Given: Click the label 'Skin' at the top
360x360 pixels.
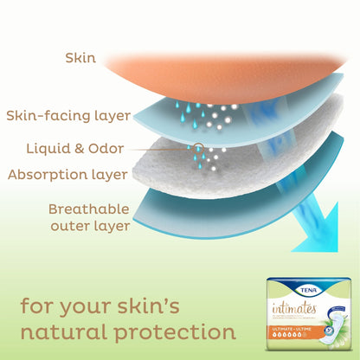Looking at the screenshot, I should pos(80,58).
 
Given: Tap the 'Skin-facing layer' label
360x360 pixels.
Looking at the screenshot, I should pos(68,115).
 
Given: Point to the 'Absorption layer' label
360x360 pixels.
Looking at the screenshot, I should pos(67,175).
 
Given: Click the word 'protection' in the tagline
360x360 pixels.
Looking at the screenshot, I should pos(182,331).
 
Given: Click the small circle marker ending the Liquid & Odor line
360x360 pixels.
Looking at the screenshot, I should pos(200,148).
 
